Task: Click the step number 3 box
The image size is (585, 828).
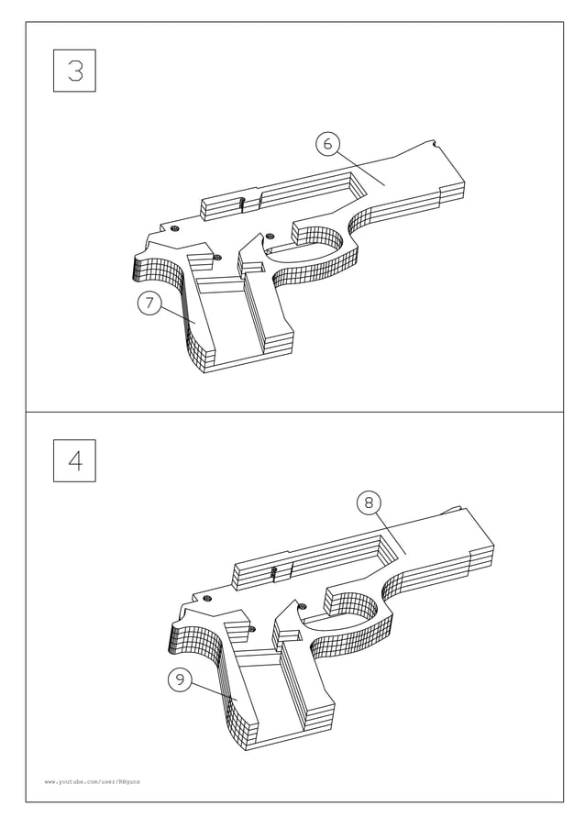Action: point(74,71)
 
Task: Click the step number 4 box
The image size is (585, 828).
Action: point(74,461)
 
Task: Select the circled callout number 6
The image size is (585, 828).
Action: point(327,143)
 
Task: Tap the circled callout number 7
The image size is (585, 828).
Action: point(149,304)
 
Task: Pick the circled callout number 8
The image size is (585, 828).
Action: point(368,502)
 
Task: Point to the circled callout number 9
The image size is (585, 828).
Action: point(180,679)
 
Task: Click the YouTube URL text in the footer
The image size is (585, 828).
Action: point(92,781)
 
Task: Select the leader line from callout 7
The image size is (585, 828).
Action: point(178,314)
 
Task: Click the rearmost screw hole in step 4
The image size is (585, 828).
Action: point(207,599)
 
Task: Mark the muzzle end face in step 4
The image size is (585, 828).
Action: point(482,554)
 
